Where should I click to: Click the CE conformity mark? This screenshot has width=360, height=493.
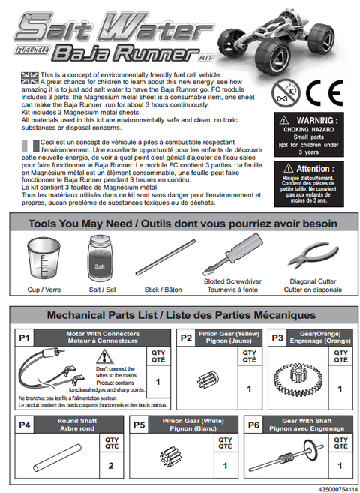324,93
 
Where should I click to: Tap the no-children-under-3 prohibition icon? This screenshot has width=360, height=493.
286,93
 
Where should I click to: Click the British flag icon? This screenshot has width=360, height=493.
30,78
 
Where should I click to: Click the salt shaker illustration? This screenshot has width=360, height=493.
99,258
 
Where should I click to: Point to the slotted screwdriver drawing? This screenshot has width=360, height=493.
232,254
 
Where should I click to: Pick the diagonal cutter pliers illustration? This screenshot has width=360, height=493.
313,256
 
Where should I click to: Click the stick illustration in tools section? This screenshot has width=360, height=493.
165,257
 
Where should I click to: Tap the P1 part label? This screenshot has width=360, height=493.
25,338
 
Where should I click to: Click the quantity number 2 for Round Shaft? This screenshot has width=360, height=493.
111,466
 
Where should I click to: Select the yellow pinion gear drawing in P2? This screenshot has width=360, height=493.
208,380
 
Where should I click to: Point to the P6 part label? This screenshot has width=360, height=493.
253,425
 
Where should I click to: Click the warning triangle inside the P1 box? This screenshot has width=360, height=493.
103,356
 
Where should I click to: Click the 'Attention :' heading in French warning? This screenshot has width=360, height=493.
315,169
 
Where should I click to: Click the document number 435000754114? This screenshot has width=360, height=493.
338,489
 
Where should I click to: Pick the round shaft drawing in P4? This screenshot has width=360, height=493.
58,458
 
